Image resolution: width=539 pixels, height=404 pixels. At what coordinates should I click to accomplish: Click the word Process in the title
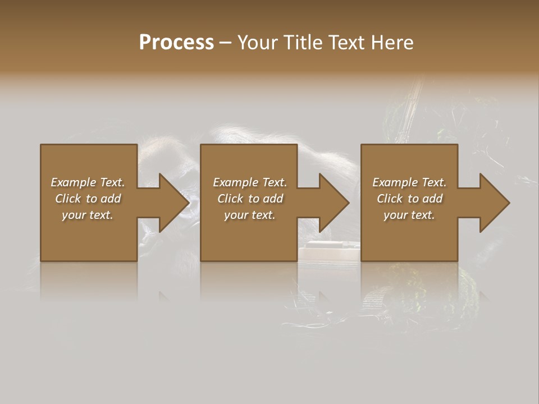click(176, 43)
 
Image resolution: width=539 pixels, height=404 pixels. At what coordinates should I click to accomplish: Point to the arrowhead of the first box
click(174, 203)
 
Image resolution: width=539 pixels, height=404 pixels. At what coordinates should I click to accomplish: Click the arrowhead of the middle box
click(334, 203)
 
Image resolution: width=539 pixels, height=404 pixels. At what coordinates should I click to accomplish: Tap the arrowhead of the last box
click(495, 203)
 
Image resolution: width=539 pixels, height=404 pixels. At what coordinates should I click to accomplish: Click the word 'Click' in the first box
click(67, 199)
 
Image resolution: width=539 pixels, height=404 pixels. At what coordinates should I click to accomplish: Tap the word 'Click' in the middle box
click(230, 199)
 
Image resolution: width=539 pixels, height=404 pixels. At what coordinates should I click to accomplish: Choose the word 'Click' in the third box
click(389, 199)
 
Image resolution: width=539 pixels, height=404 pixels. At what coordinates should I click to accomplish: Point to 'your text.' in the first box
click(88, 215)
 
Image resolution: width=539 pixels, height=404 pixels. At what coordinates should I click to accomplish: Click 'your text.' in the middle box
click(250, 215)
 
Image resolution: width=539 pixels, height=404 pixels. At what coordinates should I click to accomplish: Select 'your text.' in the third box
click(409, 215)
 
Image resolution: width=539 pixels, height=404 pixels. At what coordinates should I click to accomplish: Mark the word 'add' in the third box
click(432, 199)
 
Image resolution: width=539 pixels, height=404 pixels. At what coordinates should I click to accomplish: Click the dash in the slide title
click(225, 43)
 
